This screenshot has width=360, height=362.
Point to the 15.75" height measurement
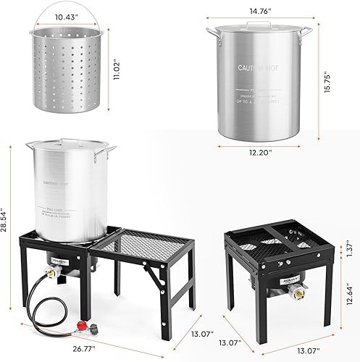point(346,88)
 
